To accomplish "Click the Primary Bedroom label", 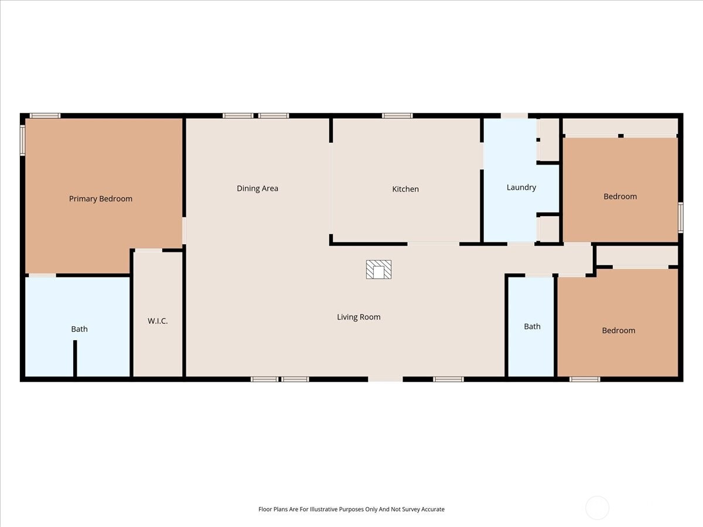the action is click(x=101, y=199).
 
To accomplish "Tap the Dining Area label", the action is click(x=257, y=189).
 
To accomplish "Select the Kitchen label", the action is click(x=405, y=189).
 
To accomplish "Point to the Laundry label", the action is click(x=521, y=187).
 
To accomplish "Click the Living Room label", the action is click(x=359, y=317).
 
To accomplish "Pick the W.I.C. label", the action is click(x=158, y=321).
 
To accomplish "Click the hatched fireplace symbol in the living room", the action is click(x=378, y=269).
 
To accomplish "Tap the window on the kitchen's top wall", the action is click(x=397, y=115).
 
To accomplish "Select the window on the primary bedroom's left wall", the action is click(x=23, y=140).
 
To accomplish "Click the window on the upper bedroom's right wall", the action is click(x=681, y=218).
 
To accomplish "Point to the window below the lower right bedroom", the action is click(x=585, y=379).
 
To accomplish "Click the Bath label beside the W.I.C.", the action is click(x=79, y=329).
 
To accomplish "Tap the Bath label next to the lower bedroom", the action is click(x=532, y=326).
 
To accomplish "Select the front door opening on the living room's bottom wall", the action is click(x=385, y=379).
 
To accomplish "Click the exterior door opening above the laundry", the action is click(x=514, y=115).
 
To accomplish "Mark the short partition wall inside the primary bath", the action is click(x=75, y=359).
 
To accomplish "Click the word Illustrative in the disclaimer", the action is click(x=324, y=509).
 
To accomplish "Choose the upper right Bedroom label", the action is click(x=620, y=197).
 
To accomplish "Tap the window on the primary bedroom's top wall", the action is click(x=45, y=115).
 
